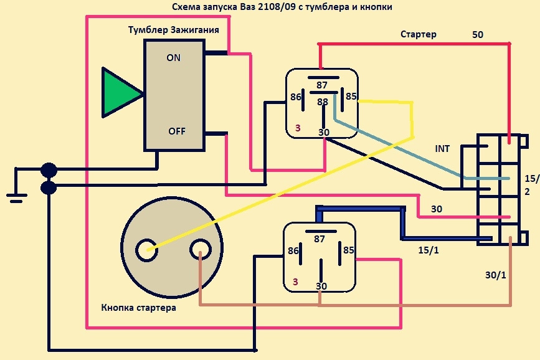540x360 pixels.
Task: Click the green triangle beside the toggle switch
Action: click(x=119, y=93)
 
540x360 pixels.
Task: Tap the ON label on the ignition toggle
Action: click(x=174, y=58)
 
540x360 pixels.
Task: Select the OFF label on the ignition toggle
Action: click(x=176, y=131)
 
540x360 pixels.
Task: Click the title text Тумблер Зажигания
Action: click(x=173, y=30)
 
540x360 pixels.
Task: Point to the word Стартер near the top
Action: click(x=418, y=35)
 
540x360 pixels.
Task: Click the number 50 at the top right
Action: click(x=478, y=35)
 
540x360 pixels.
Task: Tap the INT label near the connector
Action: click(x=443, y=149)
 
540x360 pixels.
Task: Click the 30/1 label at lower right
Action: click(x=496, y=274)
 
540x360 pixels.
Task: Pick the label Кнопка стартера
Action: click(x=138, y=308)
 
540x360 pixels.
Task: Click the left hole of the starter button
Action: click(x=148, y=250)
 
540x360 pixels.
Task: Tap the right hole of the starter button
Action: click(x=199, y=250)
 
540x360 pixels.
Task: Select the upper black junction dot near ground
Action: click(x=49, y=169)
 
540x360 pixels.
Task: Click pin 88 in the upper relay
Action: click(x=323, y=102)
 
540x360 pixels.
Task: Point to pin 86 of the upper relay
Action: click(x=296, y=97)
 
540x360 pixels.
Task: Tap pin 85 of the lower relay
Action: click(x=349, y=251)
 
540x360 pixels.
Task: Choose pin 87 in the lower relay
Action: click(x=320, y=239)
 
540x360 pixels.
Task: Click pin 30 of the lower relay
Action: click(x=321, y=286)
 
